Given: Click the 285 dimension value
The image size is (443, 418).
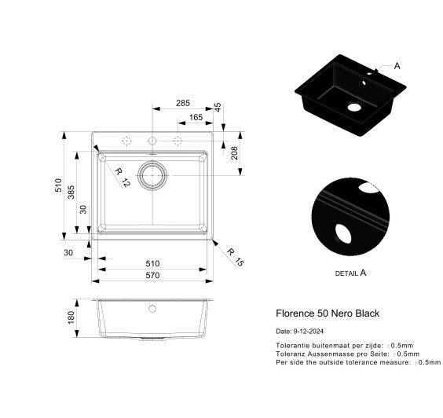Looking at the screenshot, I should [x=182, y=103].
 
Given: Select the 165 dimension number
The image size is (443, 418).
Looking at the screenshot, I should [x=196, y=118].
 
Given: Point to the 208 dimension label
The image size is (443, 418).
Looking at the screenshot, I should [x=235, y=152].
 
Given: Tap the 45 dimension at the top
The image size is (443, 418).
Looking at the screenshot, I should [x=218, y=106].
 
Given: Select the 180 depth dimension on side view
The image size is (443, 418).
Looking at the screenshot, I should [x=71, y=317].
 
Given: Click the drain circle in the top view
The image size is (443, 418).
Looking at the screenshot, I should [x=152, y=175].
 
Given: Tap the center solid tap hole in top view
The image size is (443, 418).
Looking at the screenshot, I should [x=152, y=141].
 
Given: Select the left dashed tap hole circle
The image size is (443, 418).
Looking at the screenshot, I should [x=126, y=141].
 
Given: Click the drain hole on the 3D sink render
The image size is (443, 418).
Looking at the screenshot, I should [x=354, y=106].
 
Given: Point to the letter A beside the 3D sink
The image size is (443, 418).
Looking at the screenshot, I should [x=397, y=66].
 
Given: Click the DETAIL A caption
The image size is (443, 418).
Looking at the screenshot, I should [x=350, y=273].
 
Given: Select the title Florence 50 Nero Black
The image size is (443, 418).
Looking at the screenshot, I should [x=328, y=313].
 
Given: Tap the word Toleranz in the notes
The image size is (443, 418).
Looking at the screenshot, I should [x=289, y=354].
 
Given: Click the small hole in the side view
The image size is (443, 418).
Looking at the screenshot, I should [x=152, y=309].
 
